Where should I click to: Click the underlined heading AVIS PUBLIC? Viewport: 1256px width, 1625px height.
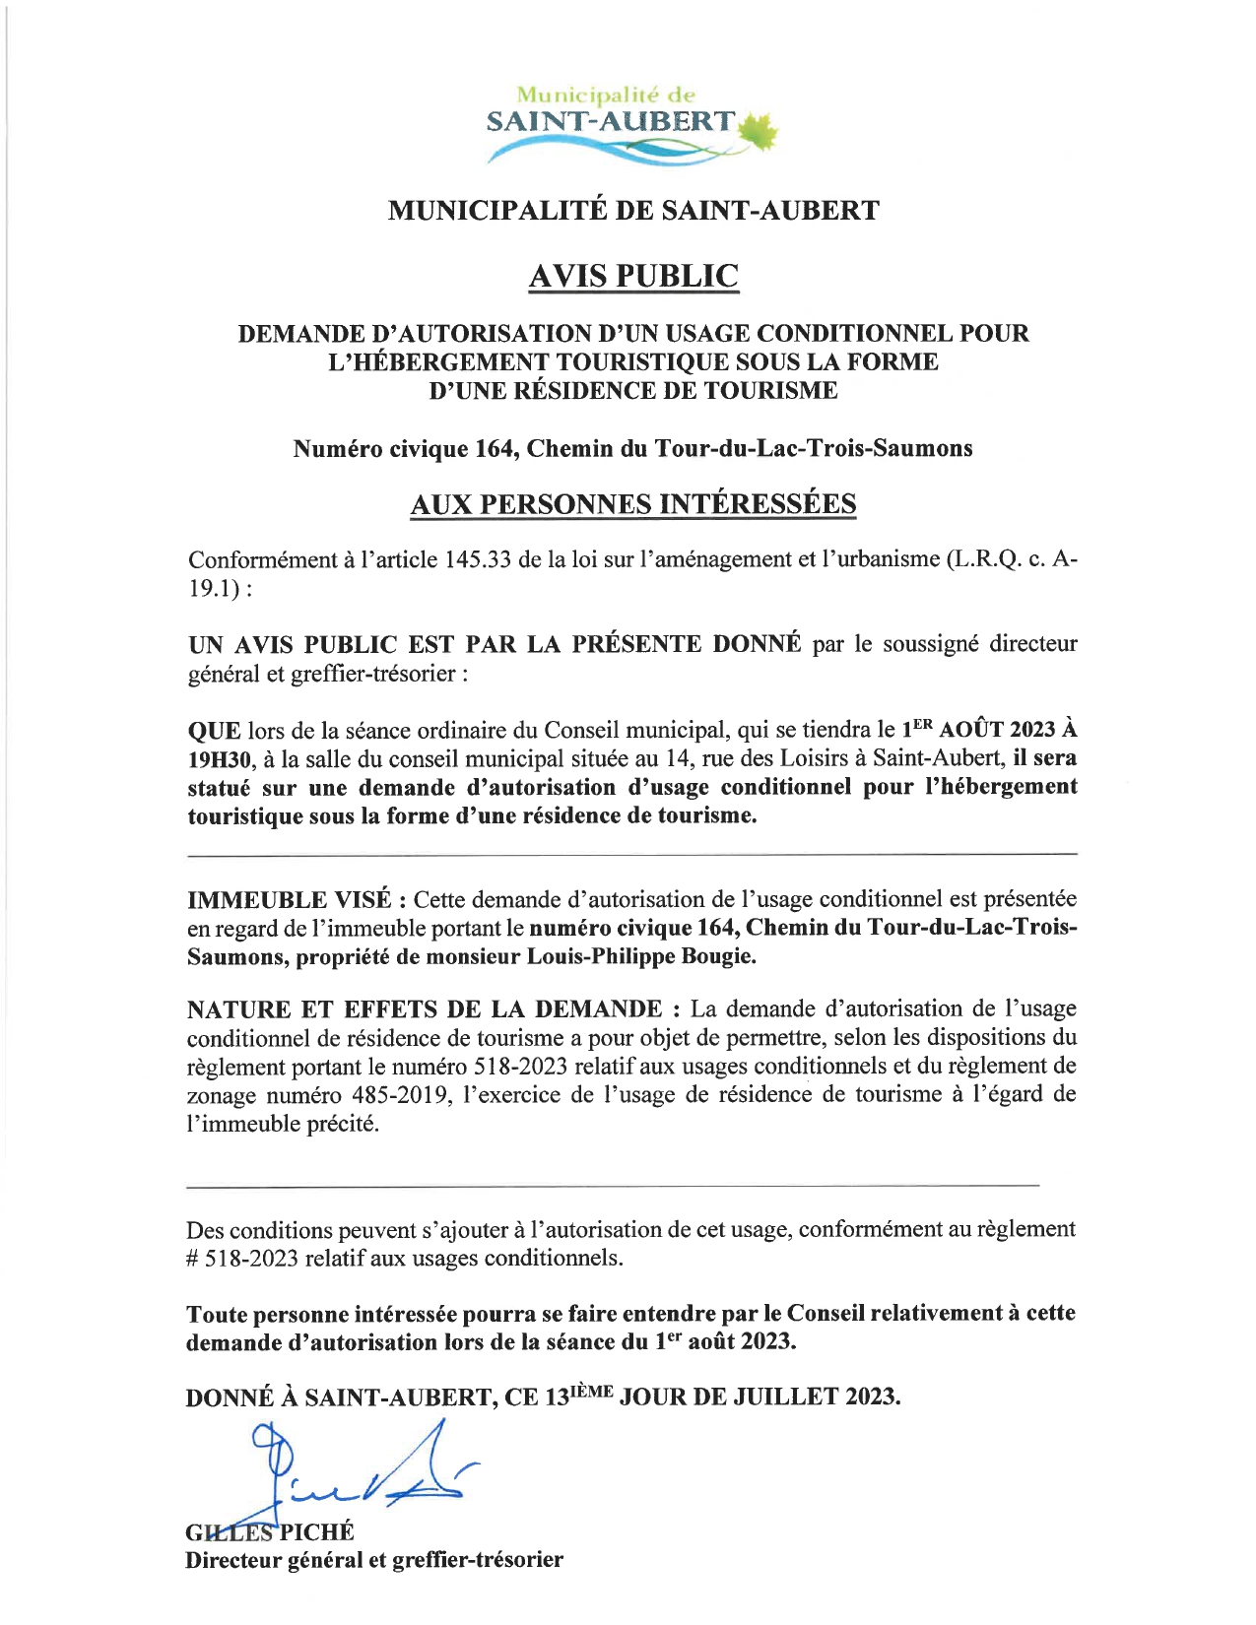[x=632, y=277]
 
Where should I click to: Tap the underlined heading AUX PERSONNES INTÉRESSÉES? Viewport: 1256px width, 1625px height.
[x=632, y=504]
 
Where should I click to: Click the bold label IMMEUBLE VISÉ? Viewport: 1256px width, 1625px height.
[x=290, y=900]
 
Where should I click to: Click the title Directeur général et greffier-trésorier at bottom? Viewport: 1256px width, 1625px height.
[x=374, y=1560]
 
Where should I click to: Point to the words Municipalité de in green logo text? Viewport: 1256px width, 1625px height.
[x=606, y=96]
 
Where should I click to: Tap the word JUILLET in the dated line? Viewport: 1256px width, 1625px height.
[x=769, y=1397]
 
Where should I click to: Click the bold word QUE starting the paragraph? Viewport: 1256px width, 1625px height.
[x=214, y=731]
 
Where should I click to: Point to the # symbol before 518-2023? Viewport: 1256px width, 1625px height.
[x=193, y=1259]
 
